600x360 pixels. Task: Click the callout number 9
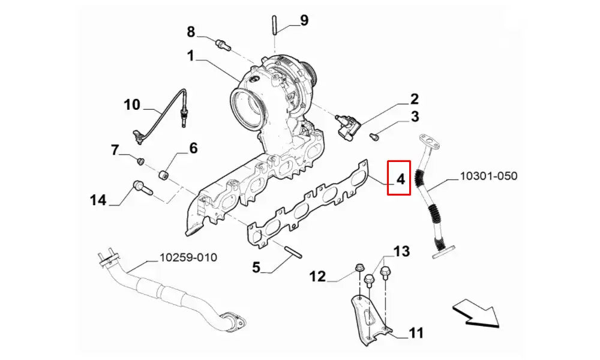pyautogui.click(x=304, y=20)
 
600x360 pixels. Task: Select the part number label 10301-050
pyautogui.click(x=488, y=176)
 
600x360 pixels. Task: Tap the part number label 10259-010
pyautogui.click(x=188, y=258)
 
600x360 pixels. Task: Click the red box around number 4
pyautogui.click(x=398, y=178)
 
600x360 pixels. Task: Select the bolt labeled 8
pyautogui.click(x=223, y=44)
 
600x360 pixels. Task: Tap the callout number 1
pyautogui.click(x=190, y=56)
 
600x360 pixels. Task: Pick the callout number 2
pyautogui.click(x=415, y=99)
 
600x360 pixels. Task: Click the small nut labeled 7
pyautogui.click(x=139, y=161)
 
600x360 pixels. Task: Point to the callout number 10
pyautogui.click(x=132, y=105)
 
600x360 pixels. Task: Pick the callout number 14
pyautogui.click(x=98, y=199)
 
